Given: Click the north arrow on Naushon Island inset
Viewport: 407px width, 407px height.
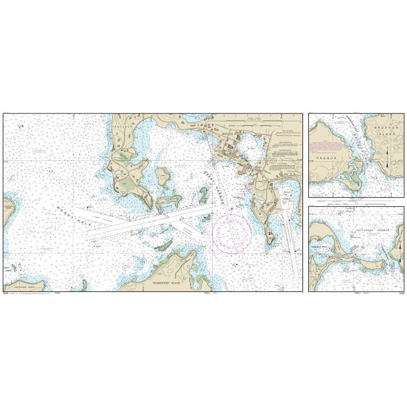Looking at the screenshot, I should [390, 155].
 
